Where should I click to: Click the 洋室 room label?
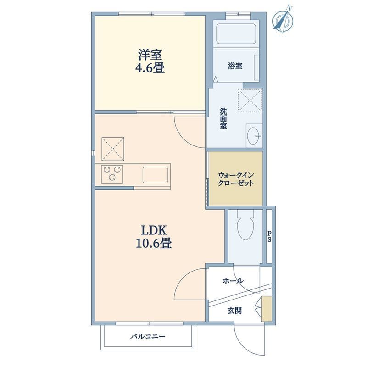(x=150, y=55)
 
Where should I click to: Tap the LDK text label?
(x=154, y=230)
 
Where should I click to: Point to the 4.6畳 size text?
(x=150, y=68)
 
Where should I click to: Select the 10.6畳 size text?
(x=154, y=243)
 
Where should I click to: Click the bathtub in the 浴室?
(x=236, y=33)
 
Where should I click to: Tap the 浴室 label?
(x=235, y=66)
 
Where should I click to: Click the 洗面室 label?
(x=223, y=118)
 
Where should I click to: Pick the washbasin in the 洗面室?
(x=254, y=136)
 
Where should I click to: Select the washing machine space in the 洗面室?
(x=250, y=100)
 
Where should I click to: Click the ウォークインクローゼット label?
(x=236, y=179)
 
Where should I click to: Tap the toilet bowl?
(x=245, y=225)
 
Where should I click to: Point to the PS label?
(x=269, y=236)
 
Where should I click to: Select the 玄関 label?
(x=234, y=311)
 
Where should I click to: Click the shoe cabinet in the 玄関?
(x=267, y=309)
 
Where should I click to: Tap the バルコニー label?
(x=148, y=337)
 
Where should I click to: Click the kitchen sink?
(x=156, y=175)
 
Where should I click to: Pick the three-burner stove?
(x=112, y=174)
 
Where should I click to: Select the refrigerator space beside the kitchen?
(x=113, y=149)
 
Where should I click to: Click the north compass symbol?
(x=284, y=20)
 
